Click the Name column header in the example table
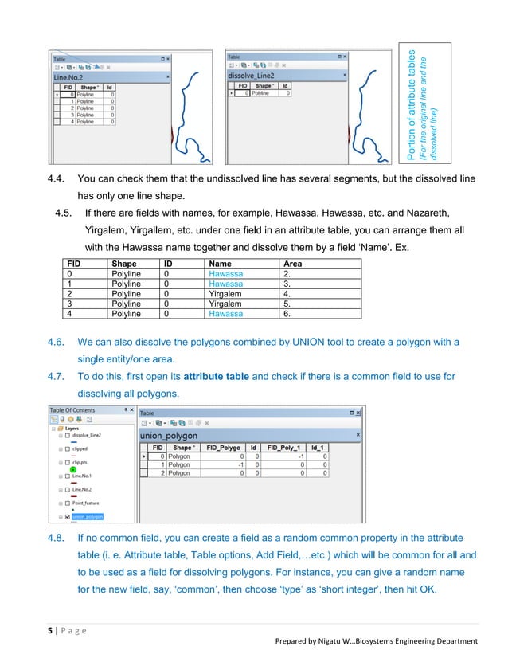pyautogui.click(x=221, y=264)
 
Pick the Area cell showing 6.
pyautogui.click(x=289, y=314)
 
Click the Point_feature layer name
pyautogui.click(x=88, y=505)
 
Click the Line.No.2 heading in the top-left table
pyautogui.click(x=68, y=77)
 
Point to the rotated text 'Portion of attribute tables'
pyautogui.click(x=413, y=104)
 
